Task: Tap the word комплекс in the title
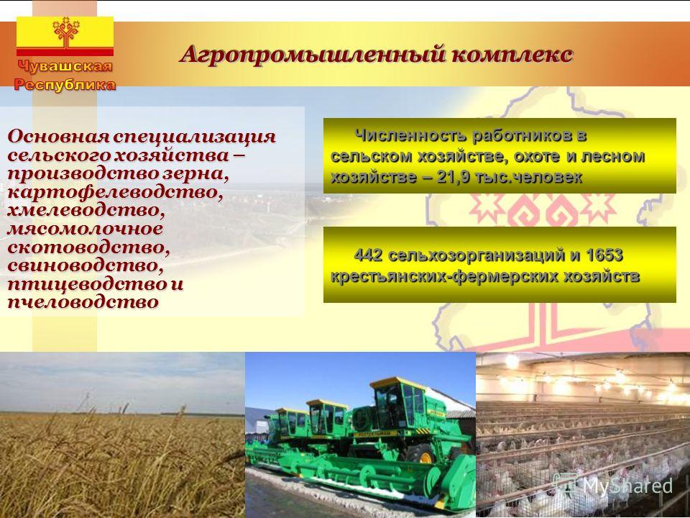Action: (512, 55)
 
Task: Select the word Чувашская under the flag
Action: (65, 66)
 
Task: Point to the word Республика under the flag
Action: (65, 84)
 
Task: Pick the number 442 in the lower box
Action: (369, 255)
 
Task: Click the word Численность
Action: (410, 135)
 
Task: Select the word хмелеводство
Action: (86, 210)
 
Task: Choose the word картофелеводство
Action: (115, 193)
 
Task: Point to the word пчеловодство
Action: (83, 302)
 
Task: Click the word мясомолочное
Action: (85, 229)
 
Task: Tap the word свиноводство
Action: (86, 265)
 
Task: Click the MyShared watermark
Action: (613, 486)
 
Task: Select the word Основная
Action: (58, 137)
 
